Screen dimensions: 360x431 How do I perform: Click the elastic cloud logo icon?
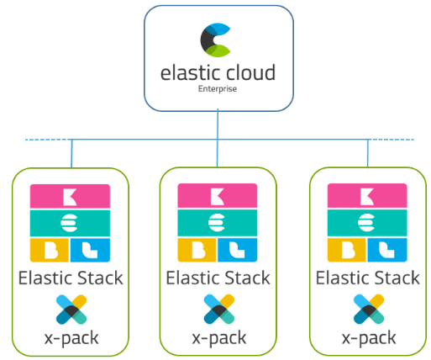217,40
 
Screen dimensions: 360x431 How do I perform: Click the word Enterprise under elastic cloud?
217,88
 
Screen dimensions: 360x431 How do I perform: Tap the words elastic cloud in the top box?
217,73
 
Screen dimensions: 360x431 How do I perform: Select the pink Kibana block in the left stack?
71,197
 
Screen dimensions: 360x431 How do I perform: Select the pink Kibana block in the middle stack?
218,197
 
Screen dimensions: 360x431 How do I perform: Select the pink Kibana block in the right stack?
366,197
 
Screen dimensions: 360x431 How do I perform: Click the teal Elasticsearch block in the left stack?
71,223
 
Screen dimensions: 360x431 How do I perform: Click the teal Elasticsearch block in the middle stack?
218,223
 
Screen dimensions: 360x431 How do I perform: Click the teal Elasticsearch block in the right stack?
366,223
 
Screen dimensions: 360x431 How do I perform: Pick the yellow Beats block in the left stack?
50,250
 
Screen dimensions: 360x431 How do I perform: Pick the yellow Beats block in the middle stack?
197,250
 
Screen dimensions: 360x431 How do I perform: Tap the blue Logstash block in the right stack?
386,250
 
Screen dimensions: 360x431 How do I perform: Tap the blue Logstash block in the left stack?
91,250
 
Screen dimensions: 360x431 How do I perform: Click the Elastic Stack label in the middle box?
218,278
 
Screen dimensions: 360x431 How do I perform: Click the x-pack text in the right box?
366,339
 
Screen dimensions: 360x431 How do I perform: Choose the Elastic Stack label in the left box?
71,278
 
